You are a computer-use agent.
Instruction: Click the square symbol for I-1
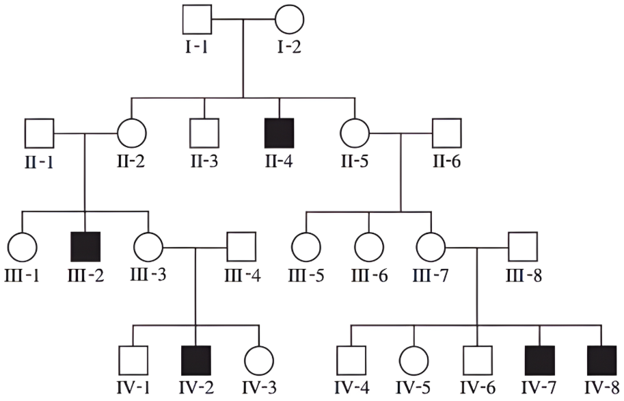pyautogui.click(x=197, y=19)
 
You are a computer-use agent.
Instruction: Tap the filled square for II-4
pyautogui.click(x=280, y=133)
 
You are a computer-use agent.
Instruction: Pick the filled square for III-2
pyautogui.click(x=85, y=247)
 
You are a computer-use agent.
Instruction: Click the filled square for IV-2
pyautogui.click(x=195, y=361)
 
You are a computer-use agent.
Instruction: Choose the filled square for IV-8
pyautogui.click(x=601, y=361)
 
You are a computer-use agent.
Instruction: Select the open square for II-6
pyautogui.click(x=447, y=133)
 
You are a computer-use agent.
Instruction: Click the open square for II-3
pyautogui.click(x=204, y=133)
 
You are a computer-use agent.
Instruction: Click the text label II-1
pyautogui.click(x=39, y=162)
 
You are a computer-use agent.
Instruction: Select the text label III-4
pyautogui.click(x=243, y=276)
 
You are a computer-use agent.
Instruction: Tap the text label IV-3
pyautogui.click(x=259, y=388)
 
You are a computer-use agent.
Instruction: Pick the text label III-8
pyautogui.click(x=524, y=276)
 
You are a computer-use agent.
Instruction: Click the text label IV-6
pyautogui.click(x=478, y=388)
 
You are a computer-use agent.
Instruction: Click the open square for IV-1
pyautogui.click(x=133, y=361)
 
